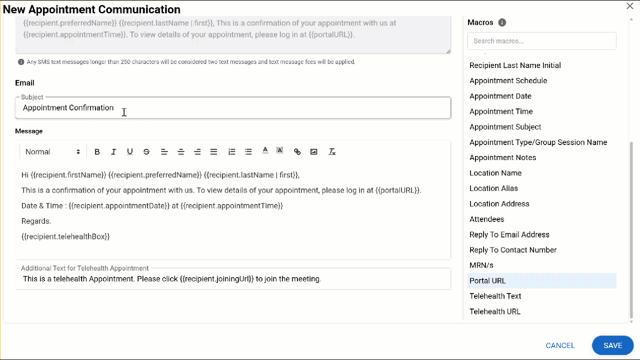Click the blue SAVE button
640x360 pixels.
[x=612, y=345]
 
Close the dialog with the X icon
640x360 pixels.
[x=630, y=6]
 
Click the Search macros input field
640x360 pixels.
[x=541, y=41]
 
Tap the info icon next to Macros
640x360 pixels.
[x=502, y=22]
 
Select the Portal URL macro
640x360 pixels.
[x=487, y=280]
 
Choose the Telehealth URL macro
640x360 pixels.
[x=495, y=311]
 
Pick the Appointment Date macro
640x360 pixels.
[x=500, y=96]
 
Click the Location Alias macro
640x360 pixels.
[x=493, y=188]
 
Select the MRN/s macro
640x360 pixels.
[x=481, y=265]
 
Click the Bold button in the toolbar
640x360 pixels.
[x=97, y=152]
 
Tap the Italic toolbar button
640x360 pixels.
[x=113, y=152]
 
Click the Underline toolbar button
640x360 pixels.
[x=130, y=152]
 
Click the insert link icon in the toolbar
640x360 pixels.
[x=297, y=152]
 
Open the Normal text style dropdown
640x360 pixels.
[x=52, y=152]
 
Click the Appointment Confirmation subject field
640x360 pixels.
[x=232, y=108]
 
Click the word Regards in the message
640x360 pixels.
[x=36, y=221]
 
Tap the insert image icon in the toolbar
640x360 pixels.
[x=314, y=152]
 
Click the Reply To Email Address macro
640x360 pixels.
[x=509, y=234]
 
